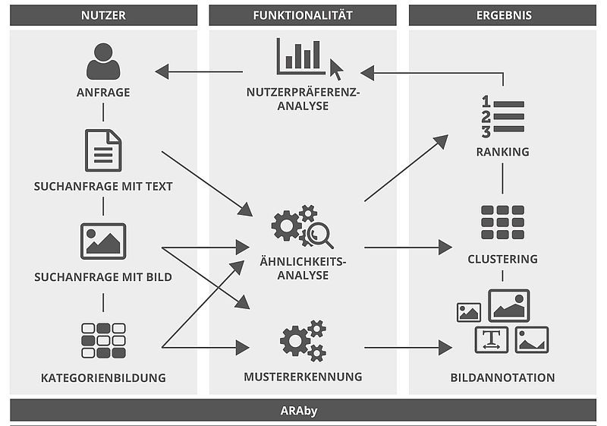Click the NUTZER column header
tap(103, 14)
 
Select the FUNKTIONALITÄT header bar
tap(302, 14)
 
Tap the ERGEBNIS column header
tap(504, 14)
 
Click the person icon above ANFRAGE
tap(103, 62)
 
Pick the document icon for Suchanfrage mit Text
tap(103, 150)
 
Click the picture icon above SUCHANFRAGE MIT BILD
tap(103, 241)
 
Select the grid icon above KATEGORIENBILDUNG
tap(103, 340)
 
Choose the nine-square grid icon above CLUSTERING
tap(502, 222)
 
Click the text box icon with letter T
tap(492, 339)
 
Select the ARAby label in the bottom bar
tap(303, 410)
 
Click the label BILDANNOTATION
tap(502, 377)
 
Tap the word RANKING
tap(502, 152)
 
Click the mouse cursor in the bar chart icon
tap(336, 71)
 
